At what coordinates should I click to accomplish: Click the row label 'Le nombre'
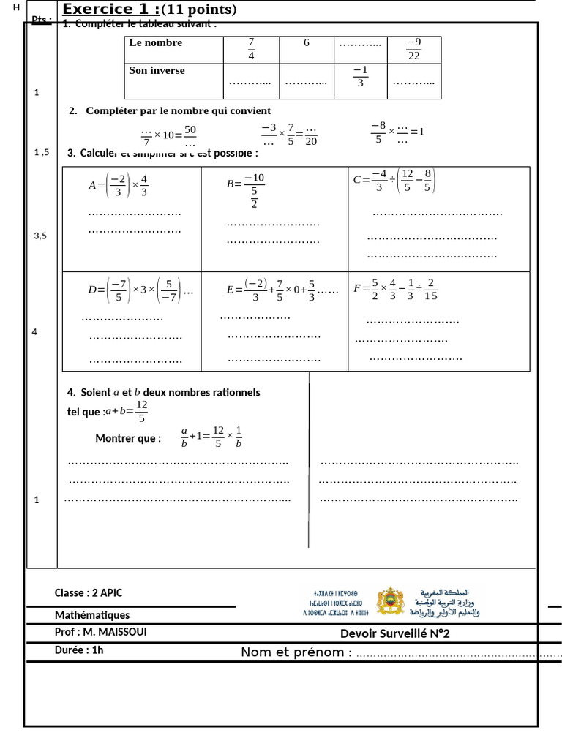pos(155,43)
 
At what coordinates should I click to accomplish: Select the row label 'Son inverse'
pos(157,71)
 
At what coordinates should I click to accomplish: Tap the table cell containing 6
pos(307,43)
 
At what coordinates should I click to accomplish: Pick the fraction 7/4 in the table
pos(251,49)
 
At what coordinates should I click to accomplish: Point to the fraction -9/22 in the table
pos(414,49)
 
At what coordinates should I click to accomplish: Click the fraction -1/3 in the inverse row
pos(360,76)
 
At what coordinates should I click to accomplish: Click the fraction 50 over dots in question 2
pos(190,136)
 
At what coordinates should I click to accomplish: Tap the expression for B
pos(246,190)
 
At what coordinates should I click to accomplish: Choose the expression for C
pos(394,180)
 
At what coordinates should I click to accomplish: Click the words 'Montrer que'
pos(128,439)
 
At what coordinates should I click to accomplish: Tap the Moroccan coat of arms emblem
pos(390,601)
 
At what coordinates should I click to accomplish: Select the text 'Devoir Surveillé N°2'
pos(394,633)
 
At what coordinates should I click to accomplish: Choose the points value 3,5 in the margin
pos(40,236)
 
